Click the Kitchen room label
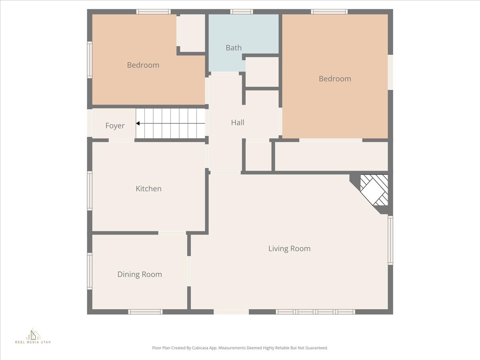click(x=148, y=188)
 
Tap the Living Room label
click(x=289, y=248)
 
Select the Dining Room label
click(x=140, y=274)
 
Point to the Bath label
click(x=234, y=48)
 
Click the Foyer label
click(x=115, y=126)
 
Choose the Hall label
click(x=238, y=122)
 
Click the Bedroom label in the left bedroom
click(x=143, y=65)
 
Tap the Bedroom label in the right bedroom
click(x=335, y=79)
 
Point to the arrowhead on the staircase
click(x=138, y=124)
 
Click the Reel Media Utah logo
click(x=33, y=336)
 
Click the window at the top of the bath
click(x=242, y=12)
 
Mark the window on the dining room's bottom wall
click(x=145, y=312)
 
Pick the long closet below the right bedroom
click(x=331, y=156)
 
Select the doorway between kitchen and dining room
click(x=172, y=233)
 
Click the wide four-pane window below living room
click(x=316, y=312)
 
